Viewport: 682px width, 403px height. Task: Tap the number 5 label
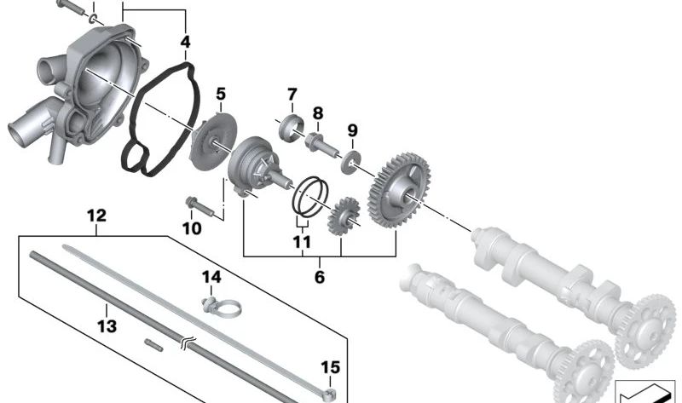[221, 94]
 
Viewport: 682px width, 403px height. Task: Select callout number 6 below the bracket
[320, 277]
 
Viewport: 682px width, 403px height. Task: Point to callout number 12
[95, 218]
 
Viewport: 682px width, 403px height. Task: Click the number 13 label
[106, 325]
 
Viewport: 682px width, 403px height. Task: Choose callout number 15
[331, 368]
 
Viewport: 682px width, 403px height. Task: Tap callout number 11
[301, 242]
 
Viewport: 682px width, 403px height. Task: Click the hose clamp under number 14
[214, 302]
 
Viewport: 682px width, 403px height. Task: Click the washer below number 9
[351, 161]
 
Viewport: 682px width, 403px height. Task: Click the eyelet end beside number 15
[326, 393]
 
